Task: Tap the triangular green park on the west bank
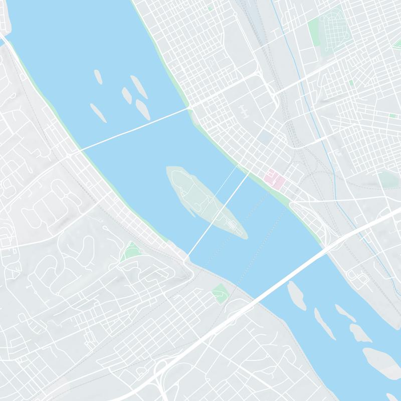coord(131,251)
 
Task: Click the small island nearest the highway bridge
coord(296,296)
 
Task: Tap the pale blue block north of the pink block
coord(264,136)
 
